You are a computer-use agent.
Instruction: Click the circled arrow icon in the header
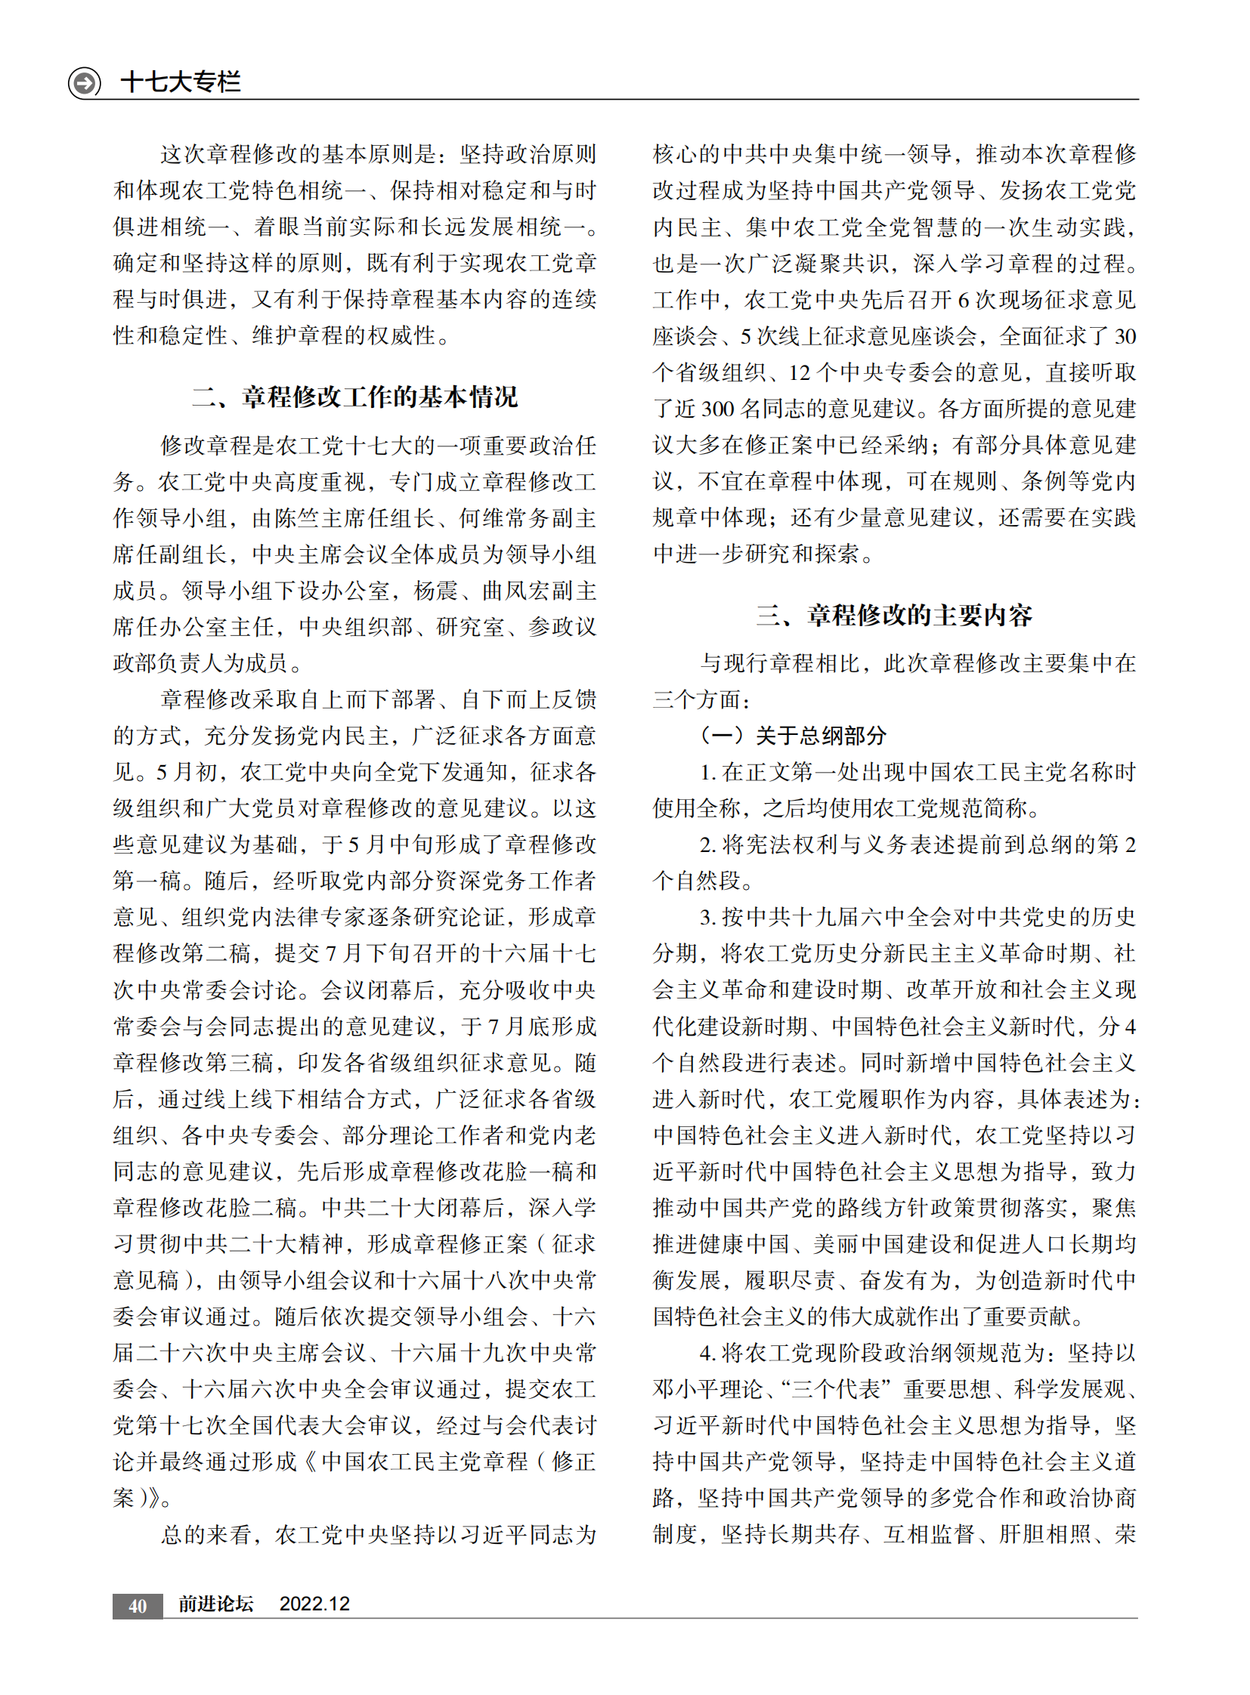click(x=84, y=82)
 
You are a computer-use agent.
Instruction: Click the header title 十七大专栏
click(x=180, y=82)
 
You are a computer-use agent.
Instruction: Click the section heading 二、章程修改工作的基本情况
click(x=355, y=397)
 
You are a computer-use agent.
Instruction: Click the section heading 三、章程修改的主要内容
click(x=894, y=616)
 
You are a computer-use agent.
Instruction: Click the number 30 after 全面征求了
click(x=1125, y=337)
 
